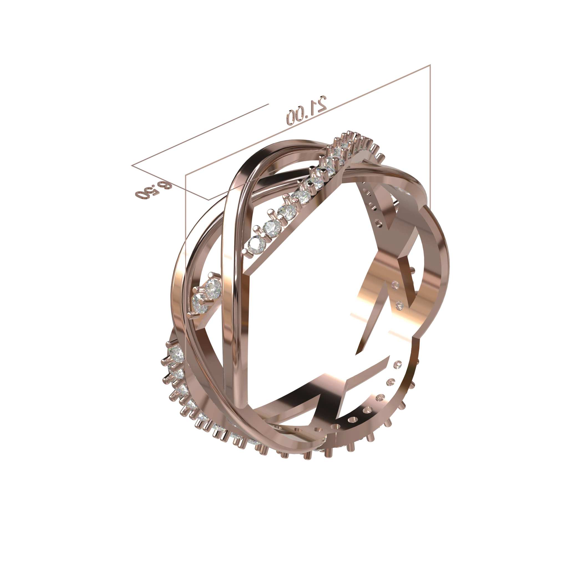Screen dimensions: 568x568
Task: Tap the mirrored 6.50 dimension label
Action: [153, 191]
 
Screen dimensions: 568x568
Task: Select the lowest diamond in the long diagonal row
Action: [257, 244]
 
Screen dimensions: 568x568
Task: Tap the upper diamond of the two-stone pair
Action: [213, 287]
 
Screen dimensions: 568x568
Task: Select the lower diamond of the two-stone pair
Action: [200, 302]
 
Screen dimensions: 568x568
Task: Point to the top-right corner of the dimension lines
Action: [430, 65]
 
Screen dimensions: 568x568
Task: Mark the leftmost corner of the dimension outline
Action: [131, 166]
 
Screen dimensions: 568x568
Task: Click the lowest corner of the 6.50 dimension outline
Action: [209, 200]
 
